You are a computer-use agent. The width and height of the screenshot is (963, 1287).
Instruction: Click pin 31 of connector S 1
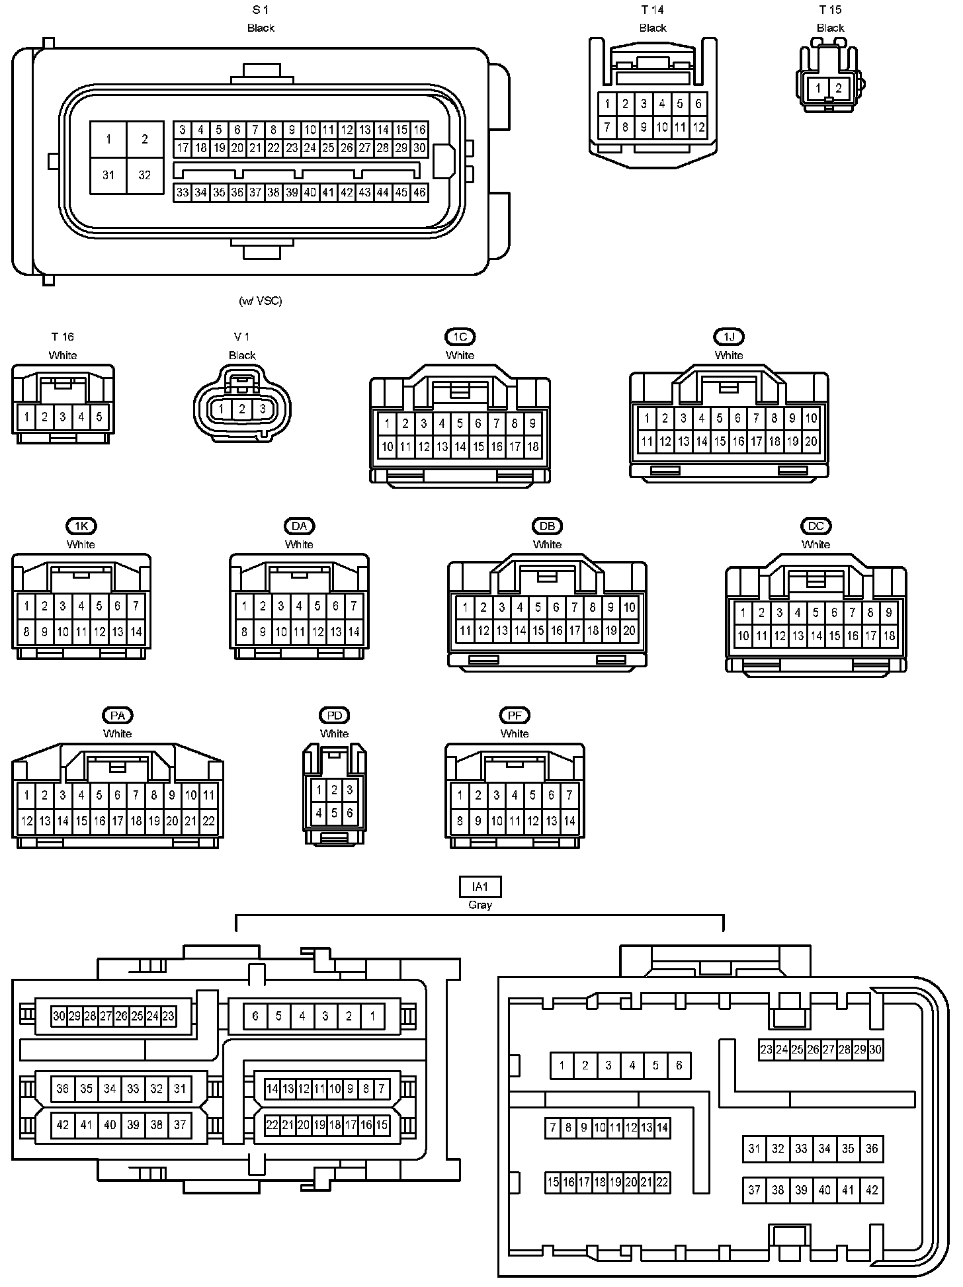pos(108,175)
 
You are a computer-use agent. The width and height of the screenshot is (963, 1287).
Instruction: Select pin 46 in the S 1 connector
pos(419,192)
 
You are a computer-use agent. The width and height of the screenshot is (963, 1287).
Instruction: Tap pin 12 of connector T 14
pos(698,127)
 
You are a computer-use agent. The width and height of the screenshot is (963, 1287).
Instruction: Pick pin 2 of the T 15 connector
pos(838,88)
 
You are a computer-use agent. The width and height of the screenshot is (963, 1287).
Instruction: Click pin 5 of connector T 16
pos(99,417)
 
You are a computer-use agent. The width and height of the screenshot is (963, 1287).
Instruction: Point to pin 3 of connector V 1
pos(263,409)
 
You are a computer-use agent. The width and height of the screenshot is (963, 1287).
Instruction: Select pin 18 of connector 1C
pos(532,446)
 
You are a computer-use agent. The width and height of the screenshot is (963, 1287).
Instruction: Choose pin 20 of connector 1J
pos(811,441)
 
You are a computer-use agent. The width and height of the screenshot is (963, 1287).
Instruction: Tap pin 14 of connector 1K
pos(136,632)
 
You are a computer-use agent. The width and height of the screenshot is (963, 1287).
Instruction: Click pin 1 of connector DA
pos(245,605)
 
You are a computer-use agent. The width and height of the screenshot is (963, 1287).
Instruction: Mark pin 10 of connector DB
pos(629,606)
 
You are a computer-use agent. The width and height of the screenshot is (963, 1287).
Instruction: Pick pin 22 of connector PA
pos(208,821)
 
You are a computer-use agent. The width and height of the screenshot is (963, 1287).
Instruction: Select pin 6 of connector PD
pos(350,813)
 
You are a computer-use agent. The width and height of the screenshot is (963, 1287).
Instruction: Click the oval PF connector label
pos(515,715)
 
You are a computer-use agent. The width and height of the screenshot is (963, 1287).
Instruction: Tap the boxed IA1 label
pos(480,886)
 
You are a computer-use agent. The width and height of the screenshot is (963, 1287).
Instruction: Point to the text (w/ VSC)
pos(261,301)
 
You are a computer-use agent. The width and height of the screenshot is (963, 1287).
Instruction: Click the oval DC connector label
pos(816,526)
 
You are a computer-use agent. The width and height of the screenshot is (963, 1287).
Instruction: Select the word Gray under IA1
pos(480,905)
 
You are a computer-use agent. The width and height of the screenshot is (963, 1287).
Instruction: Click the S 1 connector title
pos(261,10)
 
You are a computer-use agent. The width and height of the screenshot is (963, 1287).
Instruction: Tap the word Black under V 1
pos(242,355)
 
